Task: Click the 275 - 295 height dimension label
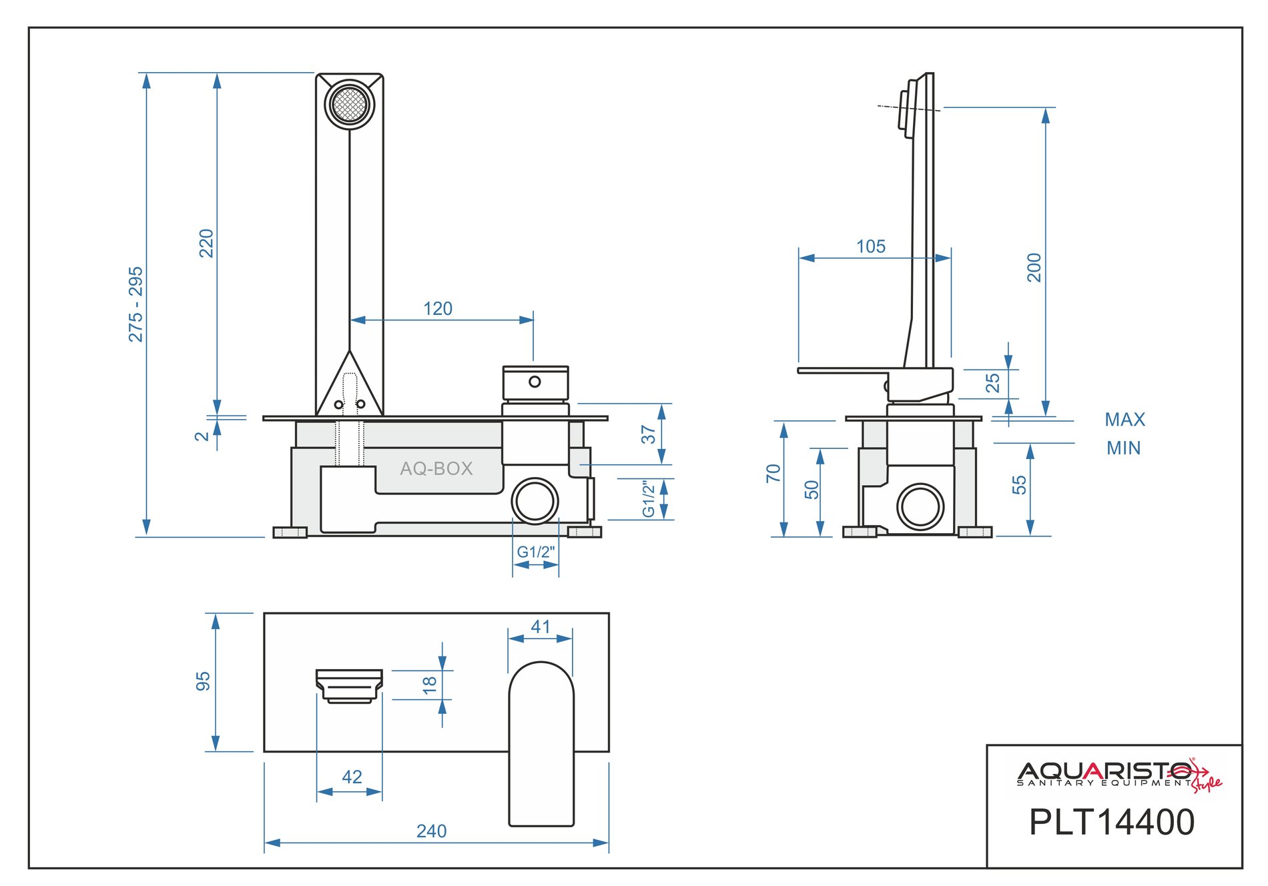(136, 304)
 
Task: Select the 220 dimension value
(207, 243)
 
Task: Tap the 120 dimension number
(438, 309)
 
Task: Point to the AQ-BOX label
(436, 468)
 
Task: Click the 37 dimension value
(649, 435)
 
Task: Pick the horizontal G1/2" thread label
(535, 552)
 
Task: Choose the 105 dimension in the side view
(871, 247)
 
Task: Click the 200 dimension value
(1034, 268)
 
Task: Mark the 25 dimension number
(993, 383)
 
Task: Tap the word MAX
(1125, 420)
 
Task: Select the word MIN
(1124, 448)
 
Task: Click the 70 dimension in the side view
(773, 474)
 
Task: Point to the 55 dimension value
(1019, 485)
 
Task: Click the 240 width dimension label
(432, 831)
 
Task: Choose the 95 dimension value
(203, 681)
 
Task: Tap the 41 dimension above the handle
(541, 627)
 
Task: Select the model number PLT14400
(1112, 822)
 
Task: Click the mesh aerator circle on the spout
(350, 105)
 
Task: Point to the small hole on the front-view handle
(535, 382)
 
